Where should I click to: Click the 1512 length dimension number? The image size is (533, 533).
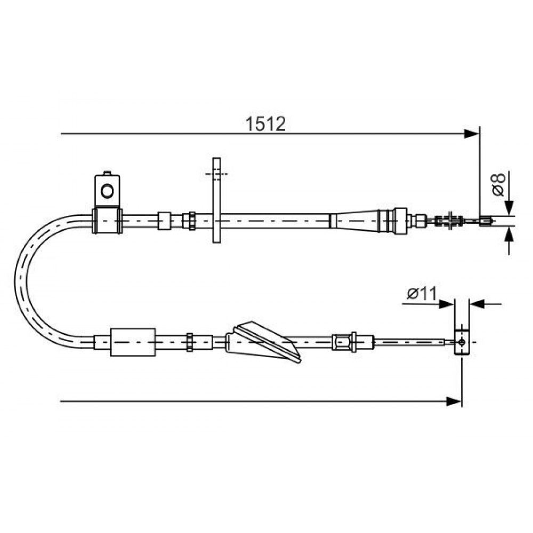click(x=265, y=124)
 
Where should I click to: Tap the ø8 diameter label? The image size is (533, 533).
click(x=499, y=184)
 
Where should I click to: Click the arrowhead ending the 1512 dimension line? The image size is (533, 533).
click(x=472, y=134)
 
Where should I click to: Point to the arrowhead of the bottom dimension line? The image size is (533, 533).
click(x=454, y=401)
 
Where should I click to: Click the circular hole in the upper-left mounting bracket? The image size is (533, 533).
click(x=108, y=191)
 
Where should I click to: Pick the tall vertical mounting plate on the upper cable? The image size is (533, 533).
click(x=216, y=200)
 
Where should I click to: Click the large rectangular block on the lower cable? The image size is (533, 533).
click(x=133, y=342)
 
